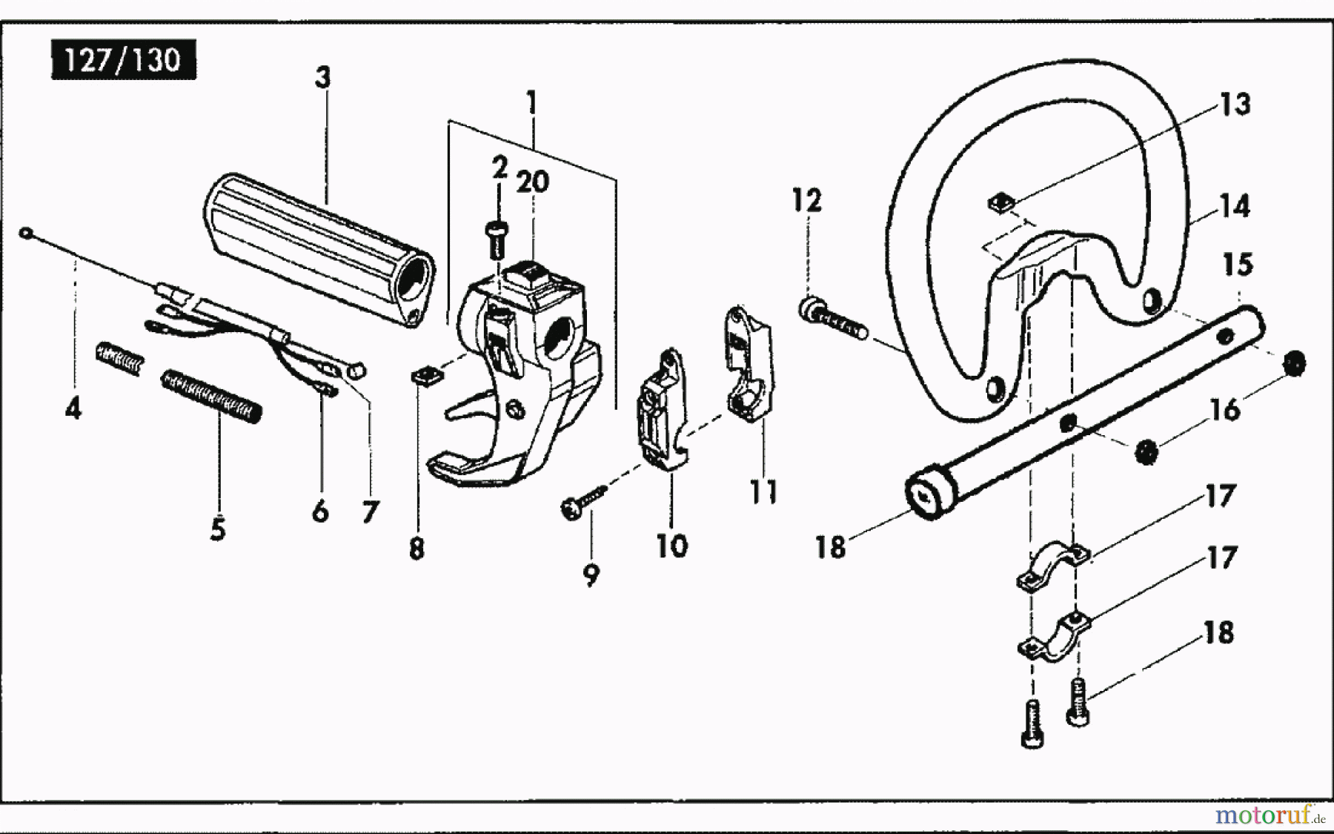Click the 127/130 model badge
click(123, 60)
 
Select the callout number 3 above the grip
click(322, 77)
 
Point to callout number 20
click(532, 182)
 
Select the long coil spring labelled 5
click(211, 397)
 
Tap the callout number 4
click(73, 408)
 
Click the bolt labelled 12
click(830, 318)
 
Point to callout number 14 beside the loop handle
click(1234, 206)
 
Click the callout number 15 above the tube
click(1237, 265)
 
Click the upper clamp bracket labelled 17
click(1052, 567)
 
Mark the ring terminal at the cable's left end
click(27, 234)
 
